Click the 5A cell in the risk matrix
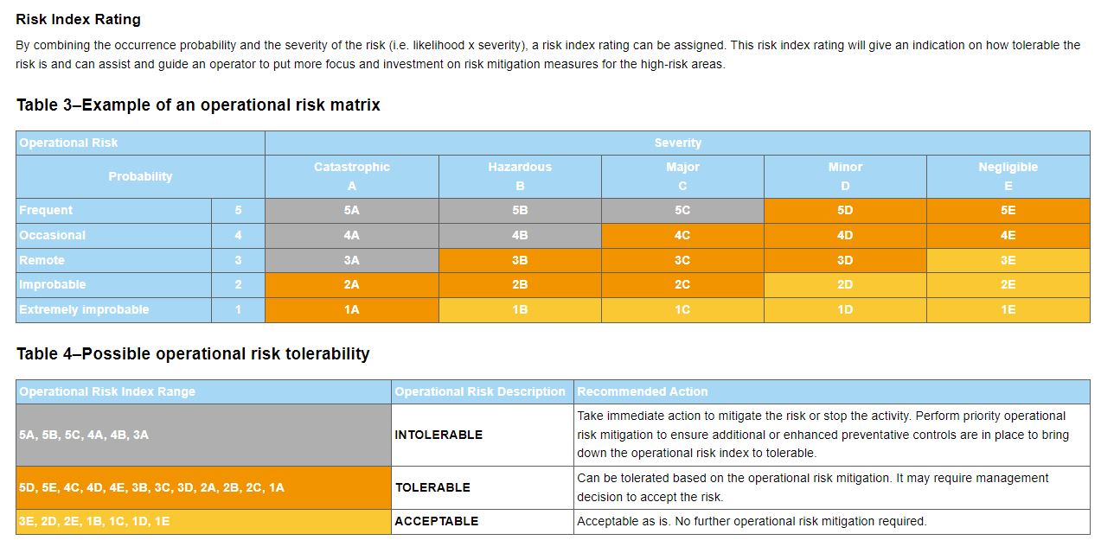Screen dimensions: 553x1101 click(x=351, y=210)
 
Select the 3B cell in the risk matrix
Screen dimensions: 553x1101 click(x=520, y=260)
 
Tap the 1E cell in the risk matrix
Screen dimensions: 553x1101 click(x=1008, y=309)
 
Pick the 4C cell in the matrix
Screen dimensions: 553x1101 click(x=682, y=235)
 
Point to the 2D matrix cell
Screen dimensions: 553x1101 click(x=845, y=284)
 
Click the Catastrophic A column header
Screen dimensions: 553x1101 click(x=351, y=176)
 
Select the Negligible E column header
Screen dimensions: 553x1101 click(x=1008, y=176)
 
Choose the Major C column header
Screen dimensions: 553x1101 click(x=682, y=176)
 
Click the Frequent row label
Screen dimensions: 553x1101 click(x=47, y=210)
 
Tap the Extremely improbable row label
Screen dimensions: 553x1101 click(x=85, y=309)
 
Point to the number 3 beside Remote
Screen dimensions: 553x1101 click(x=238, y=260)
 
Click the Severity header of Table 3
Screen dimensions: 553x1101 click(x=677, y=143)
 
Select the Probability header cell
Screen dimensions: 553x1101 click(x=140, y=176)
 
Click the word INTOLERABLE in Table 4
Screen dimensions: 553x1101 click(x=438, y=435)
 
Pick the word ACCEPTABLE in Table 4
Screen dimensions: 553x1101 click(x=437, y=521)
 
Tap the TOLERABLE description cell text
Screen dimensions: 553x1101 click(x=433, y=487)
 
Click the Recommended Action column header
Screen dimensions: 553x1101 click(x=643, y=391)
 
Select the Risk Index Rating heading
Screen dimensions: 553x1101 click(x=78, y=19)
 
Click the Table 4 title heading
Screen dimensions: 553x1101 click(x=193, y=353)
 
